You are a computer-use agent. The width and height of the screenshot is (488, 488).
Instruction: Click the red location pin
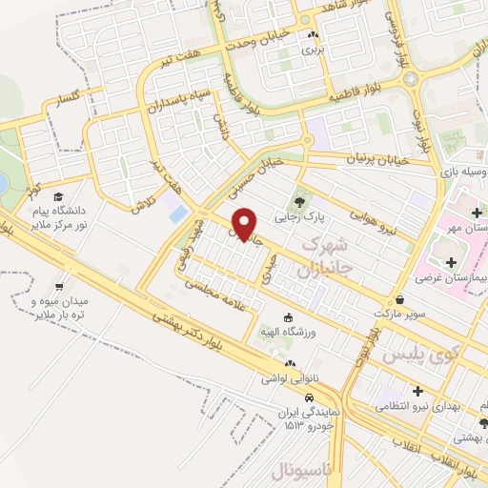coord(246,224)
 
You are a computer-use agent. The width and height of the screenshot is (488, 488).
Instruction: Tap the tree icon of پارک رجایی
coord(301,202)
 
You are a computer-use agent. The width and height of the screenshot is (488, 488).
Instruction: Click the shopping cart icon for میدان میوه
coord(60,284)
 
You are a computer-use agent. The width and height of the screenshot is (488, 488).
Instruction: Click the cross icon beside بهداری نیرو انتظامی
coord(417,390)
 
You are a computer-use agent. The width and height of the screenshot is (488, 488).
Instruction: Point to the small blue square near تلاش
coord(177,213)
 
